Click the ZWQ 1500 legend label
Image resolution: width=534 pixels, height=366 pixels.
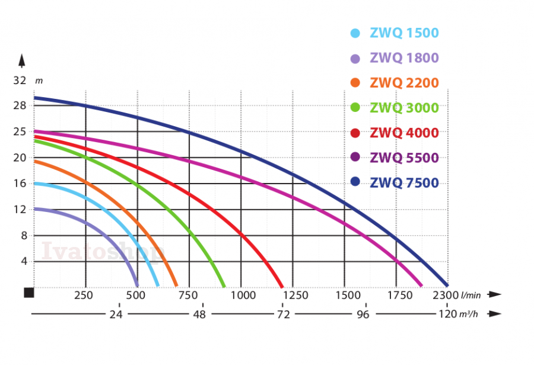(404, 33)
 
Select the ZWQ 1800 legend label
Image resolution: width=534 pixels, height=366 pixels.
(404, 58)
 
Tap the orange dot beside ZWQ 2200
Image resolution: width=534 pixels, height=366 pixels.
(355, 83)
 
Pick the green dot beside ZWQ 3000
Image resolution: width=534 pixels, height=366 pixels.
(355, 108)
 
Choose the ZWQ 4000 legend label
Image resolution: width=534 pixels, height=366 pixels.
(404, 133)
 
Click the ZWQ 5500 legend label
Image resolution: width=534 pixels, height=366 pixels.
(404, 158)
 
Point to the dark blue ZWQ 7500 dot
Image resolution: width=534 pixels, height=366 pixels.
(355, 182)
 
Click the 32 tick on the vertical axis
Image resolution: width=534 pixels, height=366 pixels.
(20, 80)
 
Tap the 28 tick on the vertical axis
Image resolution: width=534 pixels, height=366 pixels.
(20, 105)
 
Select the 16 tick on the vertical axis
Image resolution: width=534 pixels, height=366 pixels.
(20, 183)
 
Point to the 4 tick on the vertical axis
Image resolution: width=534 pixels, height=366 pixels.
(24, 261)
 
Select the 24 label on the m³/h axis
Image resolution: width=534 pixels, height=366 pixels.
(116, 314)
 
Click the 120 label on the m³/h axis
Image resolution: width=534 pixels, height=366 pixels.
(447, 314)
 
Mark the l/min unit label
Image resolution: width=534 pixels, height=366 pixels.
(472, 295)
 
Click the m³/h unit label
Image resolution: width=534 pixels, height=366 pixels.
(469, 314)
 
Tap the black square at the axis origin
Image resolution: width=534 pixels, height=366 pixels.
(29, 293)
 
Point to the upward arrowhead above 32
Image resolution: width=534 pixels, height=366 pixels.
(21, 60)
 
